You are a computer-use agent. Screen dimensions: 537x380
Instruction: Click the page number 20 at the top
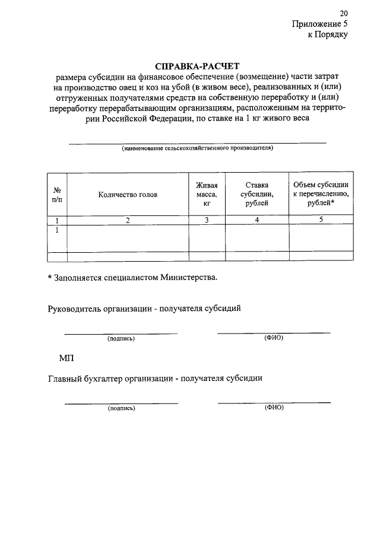pyautogui.click(x=343, y=13)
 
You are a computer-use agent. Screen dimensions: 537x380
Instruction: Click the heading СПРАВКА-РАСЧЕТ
pyautogui.click(x=190, y=66)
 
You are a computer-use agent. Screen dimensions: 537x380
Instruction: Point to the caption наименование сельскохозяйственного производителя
pyautogui.click(x=198, y=148)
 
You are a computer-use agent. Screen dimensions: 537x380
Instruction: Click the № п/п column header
pyautogui.click(x=57, y=194)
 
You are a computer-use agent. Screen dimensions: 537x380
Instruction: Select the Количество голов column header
pyautogui.click(x=128, y=195)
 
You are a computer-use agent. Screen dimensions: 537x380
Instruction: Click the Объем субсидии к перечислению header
pyautogui.click(x=321, y=194)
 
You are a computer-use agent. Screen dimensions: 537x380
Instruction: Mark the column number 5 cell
pyautogui.click(x=321, y=221)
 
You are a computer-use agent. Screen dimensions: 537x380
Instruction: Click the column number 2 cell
pyautogui.click(x=128, y=221)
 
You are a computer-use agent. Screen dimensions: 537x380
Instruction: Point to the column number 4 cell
pyautogui.click(x=257, y=221)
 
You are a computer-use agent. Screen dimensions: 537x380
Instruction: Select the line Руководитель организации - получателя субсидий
pyautogui.click(x=144, y=309)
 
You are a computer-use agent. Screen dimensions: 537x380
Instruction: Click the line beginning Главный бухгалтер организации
pyautogui.click(x=154, y=378)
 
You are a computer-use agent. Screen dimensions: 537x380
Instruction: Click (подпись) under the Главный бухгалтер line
pyautogui.click(x=121, y=409)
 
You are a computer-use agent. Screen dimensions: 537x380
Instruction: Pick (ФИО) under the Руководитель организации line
pyautogui.click(x=274, y=338)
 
